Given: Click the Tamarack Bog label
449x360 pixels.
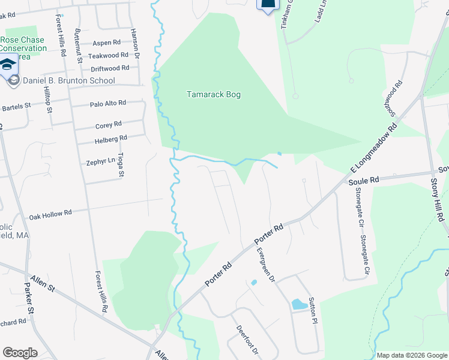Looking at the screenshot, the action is tap(213, 95).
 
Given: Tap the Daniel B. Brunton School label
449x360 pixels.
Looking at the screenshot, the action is tap(68, 81).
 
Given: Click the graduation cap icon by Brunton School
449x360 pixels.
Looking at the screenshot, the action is tap(8, 65).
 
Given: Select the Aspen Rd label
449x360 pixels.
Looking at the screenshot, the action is tap(107, 43).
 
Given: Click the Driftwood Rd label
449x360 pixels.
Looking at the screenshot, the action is tap(108, 68).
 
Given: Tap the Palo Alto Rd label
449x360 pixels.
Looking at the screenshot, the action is tap(108, 103).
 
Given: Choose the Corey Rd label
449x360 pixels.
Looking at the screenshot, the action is tap(109, 125).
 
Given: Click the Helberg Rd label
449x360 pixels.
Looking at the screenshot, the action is tap(111, 138).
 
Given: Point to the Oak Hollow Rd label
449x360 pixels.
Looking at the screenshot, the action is tap(50, 213).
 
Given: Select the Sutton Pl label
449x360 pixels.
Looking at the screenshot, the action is tap(312, 309).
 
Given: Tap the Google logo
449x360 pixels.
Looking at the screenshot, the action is tap(20, 353).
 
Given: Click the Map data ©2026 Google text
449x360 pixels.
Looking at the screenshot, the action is tap(411, 355).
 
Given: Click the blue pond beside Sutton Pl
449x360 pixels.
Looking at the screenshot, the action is tap(298, 304).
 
